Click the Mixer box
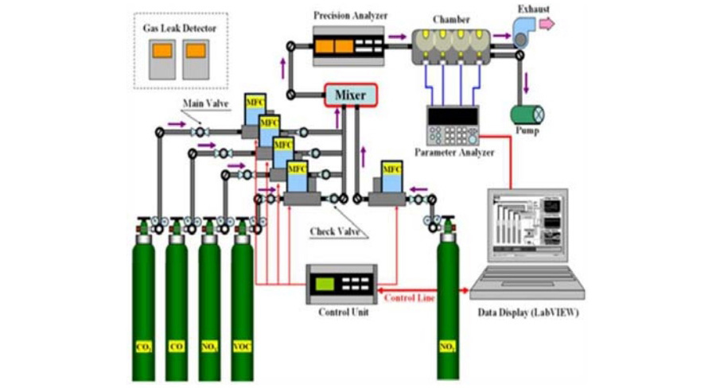tap(350, 95)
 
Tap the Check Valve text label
tap(335, 232)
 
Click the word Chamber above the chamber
tap(452, 17)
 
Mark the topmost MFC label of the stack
tap(255, 103)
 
